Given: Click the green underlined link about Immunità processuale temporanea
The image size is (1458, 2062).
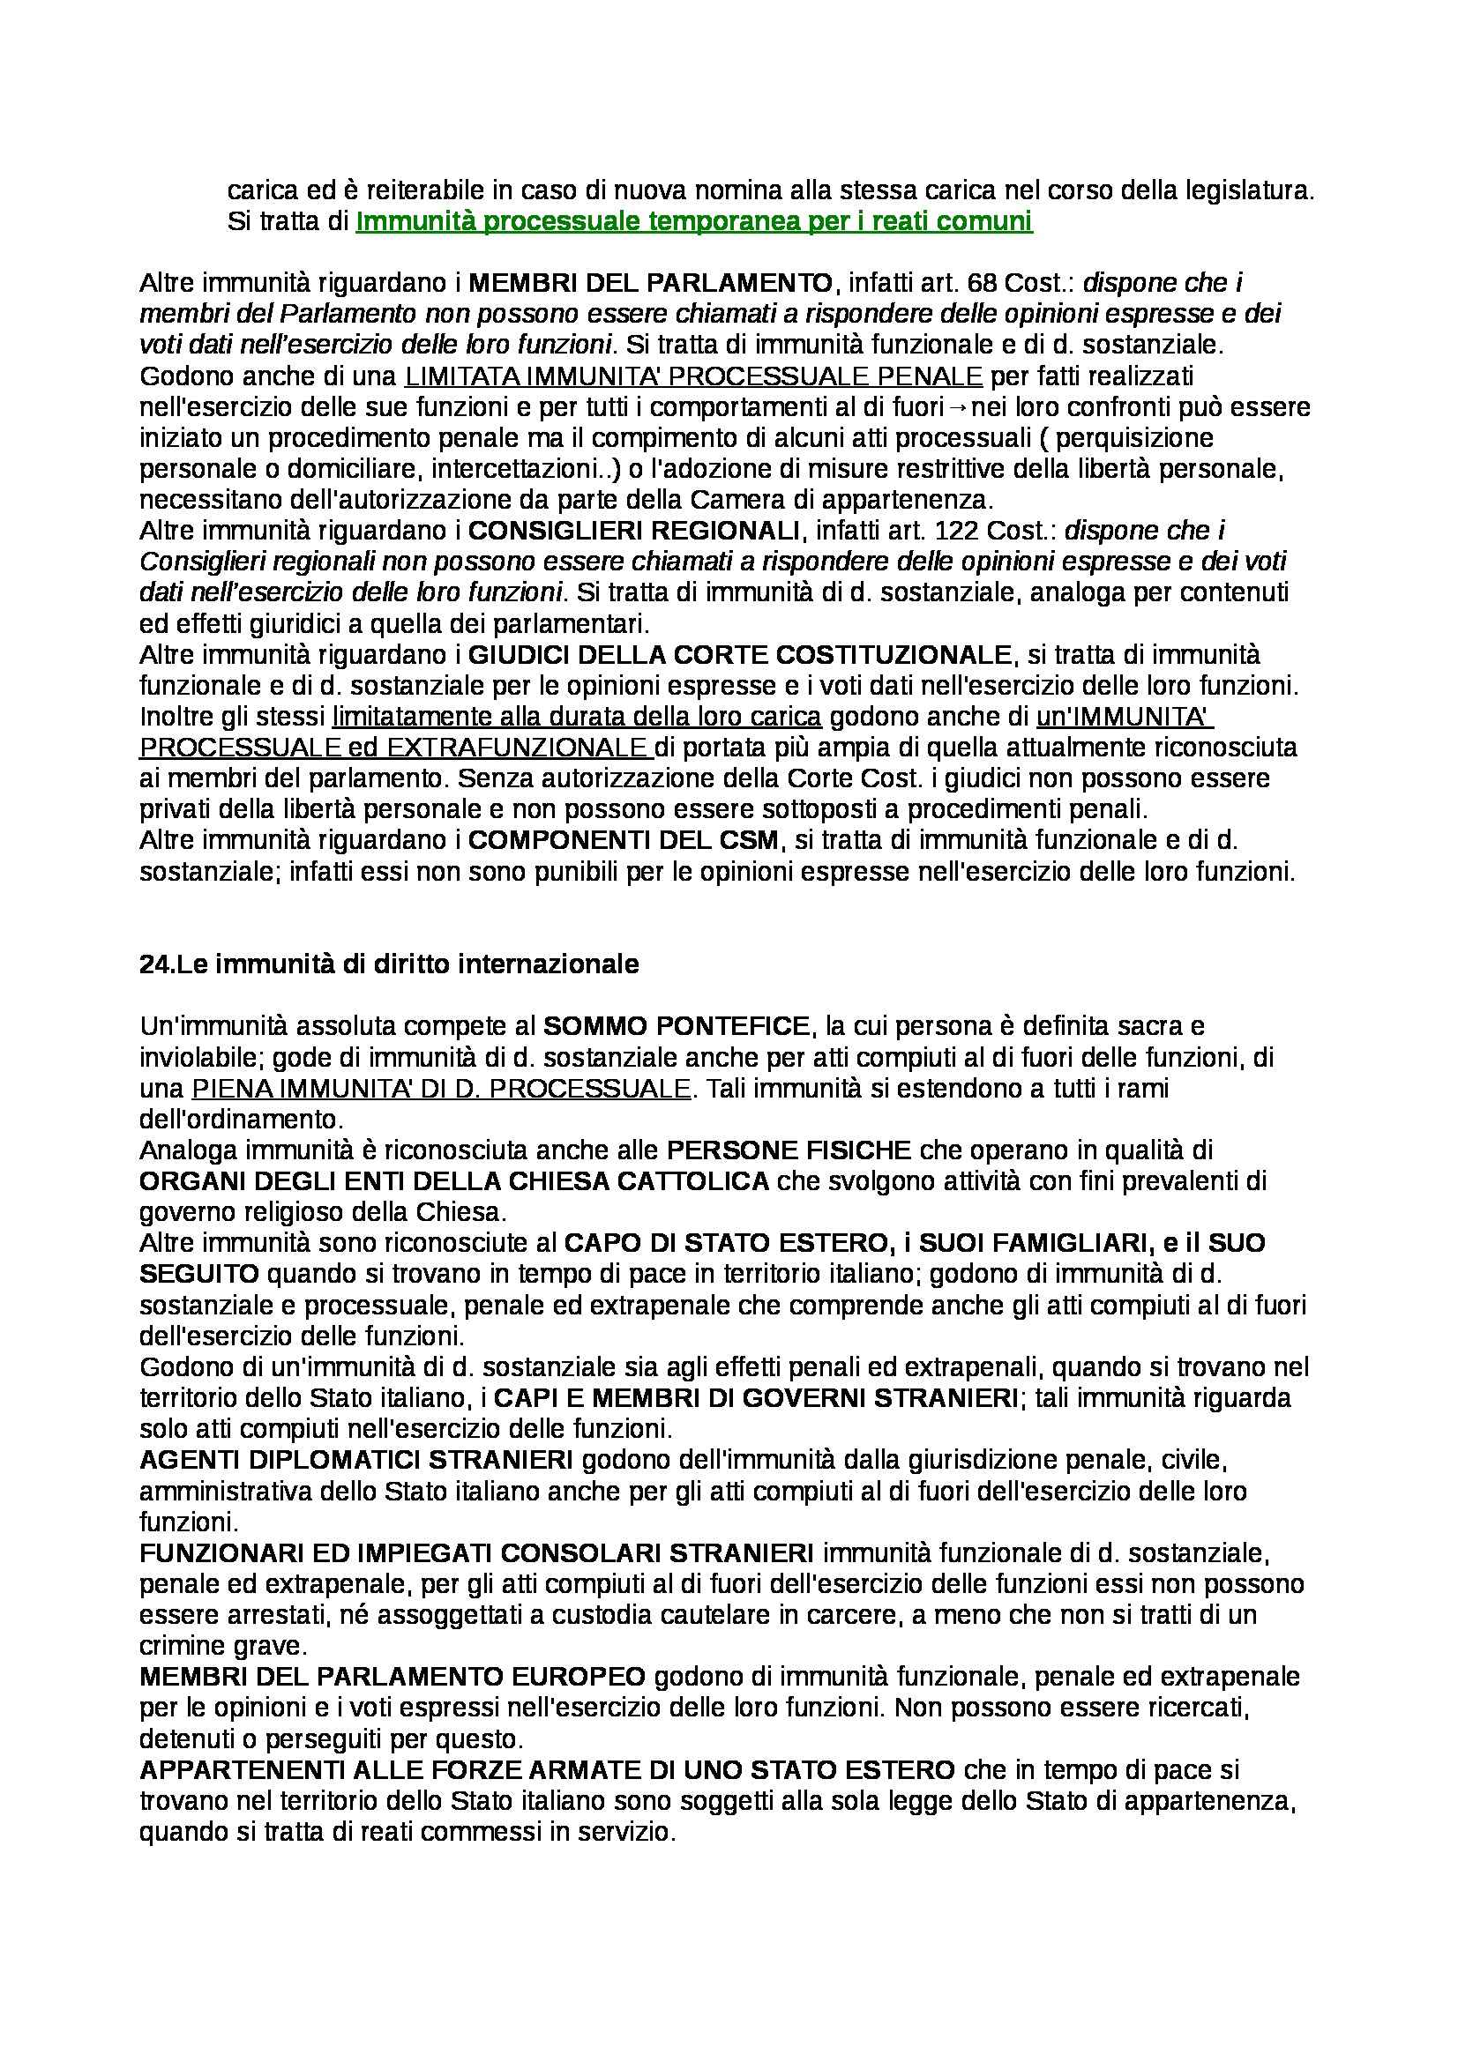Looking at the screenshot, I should tap(693, 221).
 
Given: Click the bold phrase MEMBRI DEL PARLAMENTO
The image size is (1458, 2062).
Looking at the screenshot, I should tap(651, 283).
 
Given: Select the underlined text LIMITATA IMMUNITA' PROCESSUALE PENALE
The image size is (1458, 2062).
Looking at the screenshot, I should tap(693, 376).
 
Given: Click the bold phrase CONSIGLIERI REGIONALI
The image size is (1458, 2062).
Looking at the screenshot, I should tap(634, 531).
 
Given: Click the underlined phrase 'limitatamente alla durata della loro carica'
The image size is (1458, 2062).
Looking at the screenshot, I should tap(577, 717).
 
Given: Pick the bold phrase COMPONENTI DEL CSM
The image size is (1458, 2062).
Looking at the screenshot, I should tap(627, 841).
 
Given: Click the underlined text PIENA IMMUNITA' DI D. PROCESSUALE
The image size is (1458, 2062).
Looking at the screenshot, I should tap(441, 1089).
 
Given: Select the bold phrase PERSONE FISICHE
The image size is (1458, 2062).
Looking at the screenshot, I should tap(789, 1150).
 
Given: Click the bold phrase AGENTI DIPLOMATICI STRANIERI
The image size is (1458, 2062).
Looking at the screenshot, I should tap(356, 1461).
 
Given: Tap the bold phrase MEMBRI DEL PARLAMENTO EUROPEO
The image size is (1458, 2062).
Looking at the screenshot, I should tap(393, 1677).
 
